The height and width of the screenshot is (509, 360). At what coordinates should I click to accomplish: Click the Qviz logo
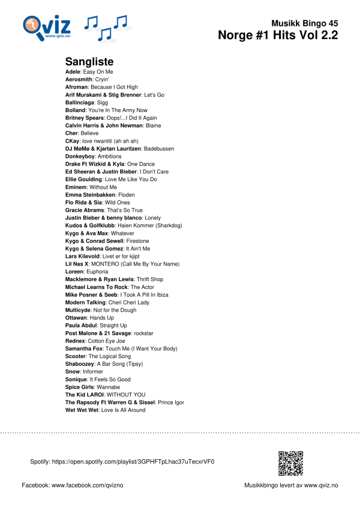pos(47,27)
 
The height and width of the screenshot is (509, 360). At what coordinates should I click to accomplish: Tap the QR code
pos(290,462)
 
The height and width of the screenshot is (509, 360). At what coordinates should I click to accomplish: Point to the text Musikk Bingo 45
pos(304,22)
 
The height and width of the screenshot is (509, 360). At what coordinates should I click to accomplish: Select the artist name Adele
pos(73,71)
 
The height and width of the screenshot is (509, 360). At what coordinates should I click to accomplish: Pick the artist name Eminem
pos(76,187)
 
